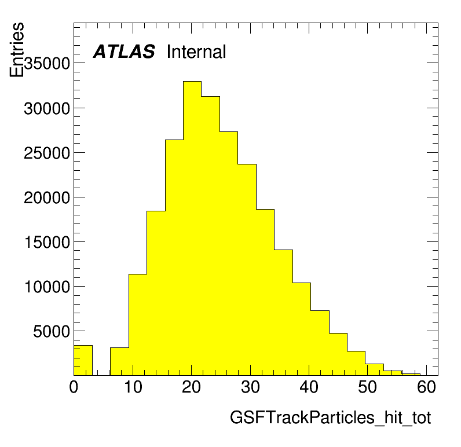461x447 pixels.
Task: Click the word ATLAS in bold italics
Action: tap(124, 52)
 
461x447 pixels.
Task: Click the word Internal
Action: tap(196, 52)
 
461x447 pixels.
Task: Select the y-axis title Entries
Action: tap(16, 50)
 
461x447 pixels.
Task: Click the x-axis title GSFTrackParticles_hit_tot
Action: tap(330, 417)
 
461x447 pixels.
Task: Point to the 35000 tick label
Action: tap(47, 63)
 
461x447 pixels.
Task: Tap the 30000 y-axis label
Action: tap(47, 109)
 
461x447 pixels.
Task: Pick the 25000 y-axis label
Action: tap(47, 153)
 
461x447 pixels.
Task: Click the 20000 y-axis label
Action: tap(47, 198)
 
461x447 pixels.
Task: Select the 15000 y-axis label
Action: tap(47, 243)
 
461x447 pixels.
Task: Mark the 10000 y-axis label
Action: tap(47, 287)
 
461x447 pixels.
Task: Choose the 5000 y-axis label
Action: tap(52, 332)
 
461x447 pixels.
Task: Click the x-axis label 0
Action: tap(74, 387)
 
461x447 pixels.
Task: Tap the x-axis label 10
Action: tap(133, 387)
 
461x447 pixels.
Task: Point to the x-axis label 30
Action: tap(250, 387)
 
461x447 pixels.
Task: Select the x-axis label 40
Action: tap(309, 387)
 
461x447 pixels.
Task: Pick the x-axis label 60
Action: tap(426, 387)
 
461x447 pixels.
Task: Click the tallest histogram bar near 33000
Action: tap(192, 228)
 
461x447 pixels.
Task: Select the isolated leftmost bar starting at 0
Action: tap(83, 360)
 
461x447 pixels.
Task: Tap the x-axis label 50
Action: tap(368, 387)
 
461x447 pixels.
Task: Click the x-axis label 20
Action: tap(191, 387)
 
